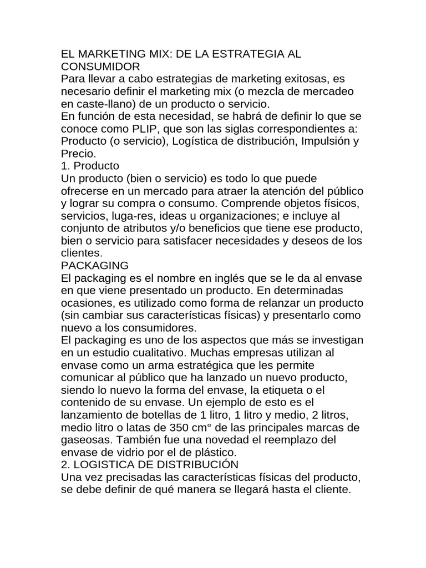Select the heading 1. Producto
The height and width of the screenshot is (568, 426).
coord(90,165)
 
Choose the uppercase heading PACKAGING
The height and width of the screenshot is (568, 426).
coord(95,265)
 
